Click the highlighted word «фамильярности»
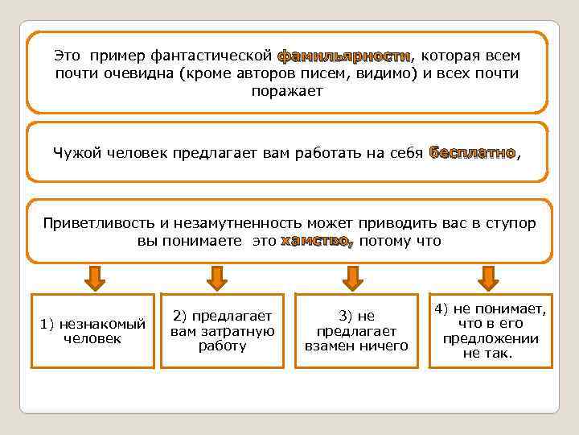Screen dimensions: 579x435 coord(344,56)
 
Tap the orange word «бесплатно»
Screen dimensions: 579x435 coord(472,152)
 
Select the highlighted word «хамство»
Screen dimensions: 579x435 coord(315,241)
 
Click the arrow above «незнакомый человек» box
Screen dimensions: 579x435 coord(94,277)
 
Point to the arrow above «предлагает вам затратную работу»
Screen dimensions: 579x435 coord(217,277)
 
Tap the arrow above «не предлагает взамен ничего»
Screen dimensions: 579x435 coord(351,277)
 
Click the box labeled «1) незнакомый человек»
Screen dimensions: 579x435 coord(92,331)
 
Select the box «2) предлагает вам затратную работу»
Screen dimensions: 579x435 coord(223,331)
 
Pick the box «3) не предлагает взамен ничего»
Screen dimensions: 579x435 coord(356,331)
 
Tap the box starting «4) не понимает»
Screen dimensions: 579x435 coord(490,331)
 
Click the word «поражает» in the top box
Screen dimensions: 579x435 coord(287,91)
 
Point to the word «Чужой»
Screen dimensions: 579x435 coord(75,153)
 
